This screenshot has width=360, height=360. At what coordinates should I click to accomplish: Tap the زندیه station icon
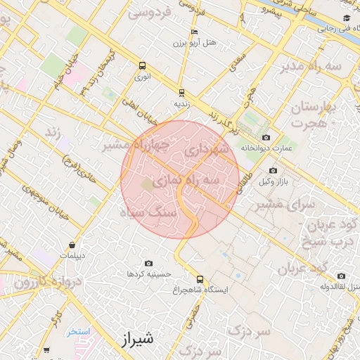181,92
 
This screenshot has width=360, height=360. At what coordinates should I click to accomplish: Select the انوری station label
143,79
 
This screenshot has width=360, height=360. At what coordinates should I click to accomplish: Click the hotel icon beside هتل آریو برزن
194,32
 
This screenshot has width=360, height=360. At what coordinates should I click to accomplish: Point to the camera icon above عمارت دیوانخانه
265,137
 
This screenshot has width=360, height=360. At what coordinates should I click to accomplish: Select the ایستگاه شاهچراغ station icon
200,278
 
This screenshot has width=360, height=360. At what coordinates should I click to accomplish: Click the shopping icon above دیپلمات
72,245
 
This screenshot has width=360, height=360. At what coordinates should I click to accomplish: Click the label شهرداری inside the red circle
205,149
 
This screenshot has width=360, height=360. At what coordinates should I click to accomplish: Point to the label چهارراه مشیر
136,146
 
